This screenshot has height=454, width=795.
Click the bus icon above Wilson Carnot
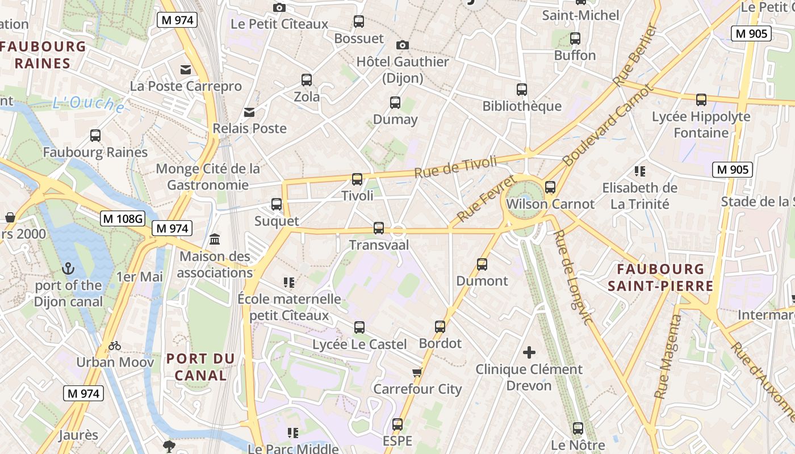[x=550, y=187]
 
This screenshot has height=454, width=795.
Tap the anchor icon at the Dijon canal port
[x=68, y=268]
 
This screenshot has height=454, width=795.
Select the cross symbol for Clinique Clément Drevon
[x=529, y=353]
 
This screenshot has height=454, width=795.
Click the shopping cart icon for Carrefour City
[x=417, y=373]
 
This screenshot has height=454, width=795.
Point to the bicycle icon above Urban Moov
[x=115, y=346]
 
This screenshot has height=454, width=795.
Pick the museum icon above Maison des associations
[x=215, y=239]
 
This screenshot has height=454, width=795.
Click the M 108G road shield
[x=123, y=218]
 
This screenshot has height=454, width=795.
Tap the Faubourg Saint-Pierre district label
[x=660, y=277]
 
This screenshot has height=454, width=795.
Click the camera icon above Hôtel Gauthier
[x=403, y=45]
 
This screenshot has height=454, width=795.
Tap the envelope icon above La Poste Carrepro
[x=186, y=70]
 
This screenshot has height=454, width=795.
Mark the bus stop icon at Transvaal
[x=379, y=228]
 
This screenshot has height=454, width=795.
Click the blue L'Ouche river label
[x=88, y=104]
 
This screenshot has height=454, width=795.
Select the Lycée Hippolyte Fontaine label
[x=701, y=124]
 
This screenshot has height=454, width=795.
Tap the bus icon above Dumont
[x=482, y=264]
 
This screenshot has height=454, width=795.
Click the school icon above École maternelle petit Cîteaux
[x=289, y=282]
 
